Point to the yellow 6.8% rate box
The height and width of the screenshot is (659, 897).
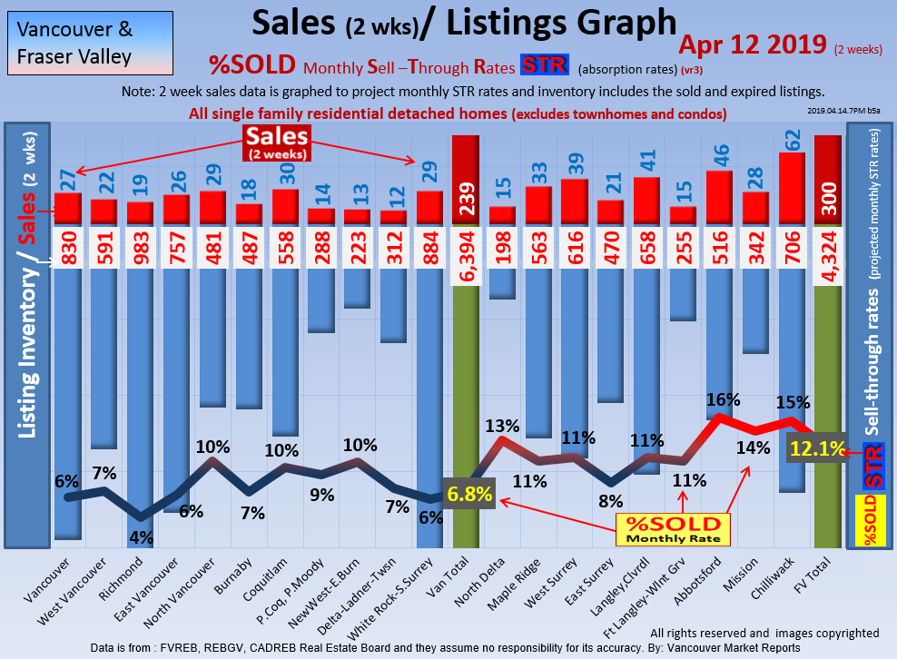[x=468, y=494]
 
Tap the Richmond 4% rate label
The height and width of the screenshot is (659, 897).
[x=140, y=536]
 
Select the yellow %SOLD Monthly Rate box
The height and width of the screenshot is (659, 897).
[x=672, y=528]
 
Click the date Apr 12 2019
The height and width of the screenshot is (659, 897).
[x=753, y=45]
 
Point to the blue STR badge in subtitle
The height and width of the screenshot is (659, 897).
[x=544, y=65]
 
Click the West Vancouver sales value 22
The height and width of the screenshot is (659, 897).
[x=103, y=180]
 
